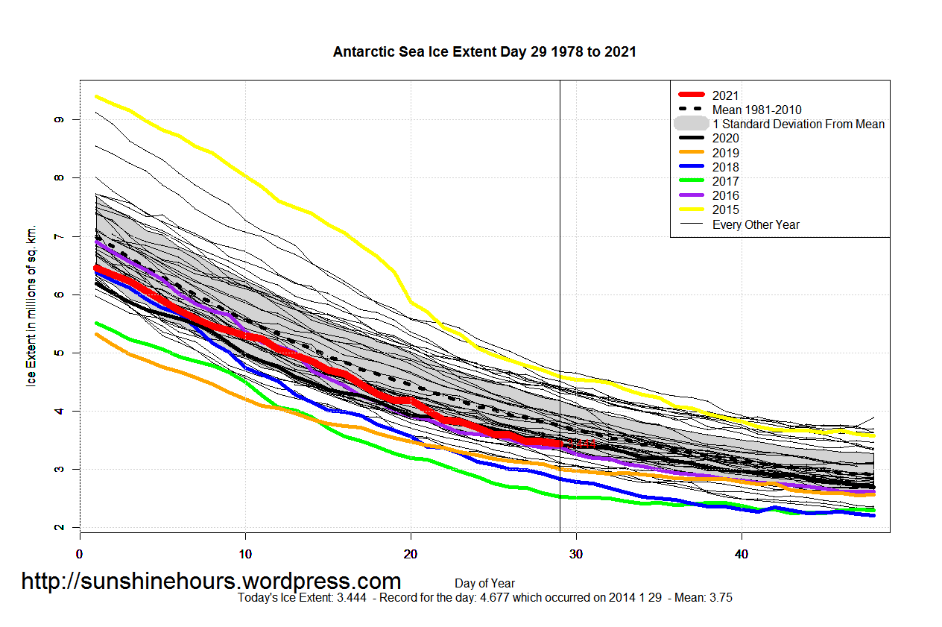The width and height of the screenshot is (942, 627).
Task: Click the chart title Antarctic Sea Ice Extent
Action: (484, 52)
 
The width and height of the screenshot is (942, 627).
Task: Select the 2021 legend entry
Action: (725, 95)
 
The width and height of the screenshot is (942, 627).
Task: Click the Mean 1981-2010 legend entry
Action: (756, 110)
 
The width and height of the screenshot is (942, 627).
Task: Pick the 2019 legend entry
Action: (725, 153)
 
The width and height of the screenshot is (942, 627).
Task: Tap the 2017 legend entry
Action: (725, 181)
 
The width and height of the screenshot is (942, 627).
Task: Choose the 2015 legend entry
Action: (725, 210)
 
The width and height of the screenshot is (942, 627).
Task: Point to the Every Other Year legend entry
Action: (756, 224)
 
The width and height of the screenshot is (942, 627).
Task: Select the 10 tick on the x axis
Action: (245, 554)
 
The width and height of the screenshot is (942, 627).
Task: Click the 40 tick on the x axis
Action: (742, 554)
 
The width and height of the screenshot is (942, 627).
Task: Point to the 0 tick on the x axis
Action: (80, 554)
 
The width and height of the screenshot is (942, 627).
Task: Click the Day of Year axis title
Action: (484, 584)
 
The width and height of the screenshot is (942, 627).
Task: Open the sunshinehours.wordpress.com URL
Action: (211, 582)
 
